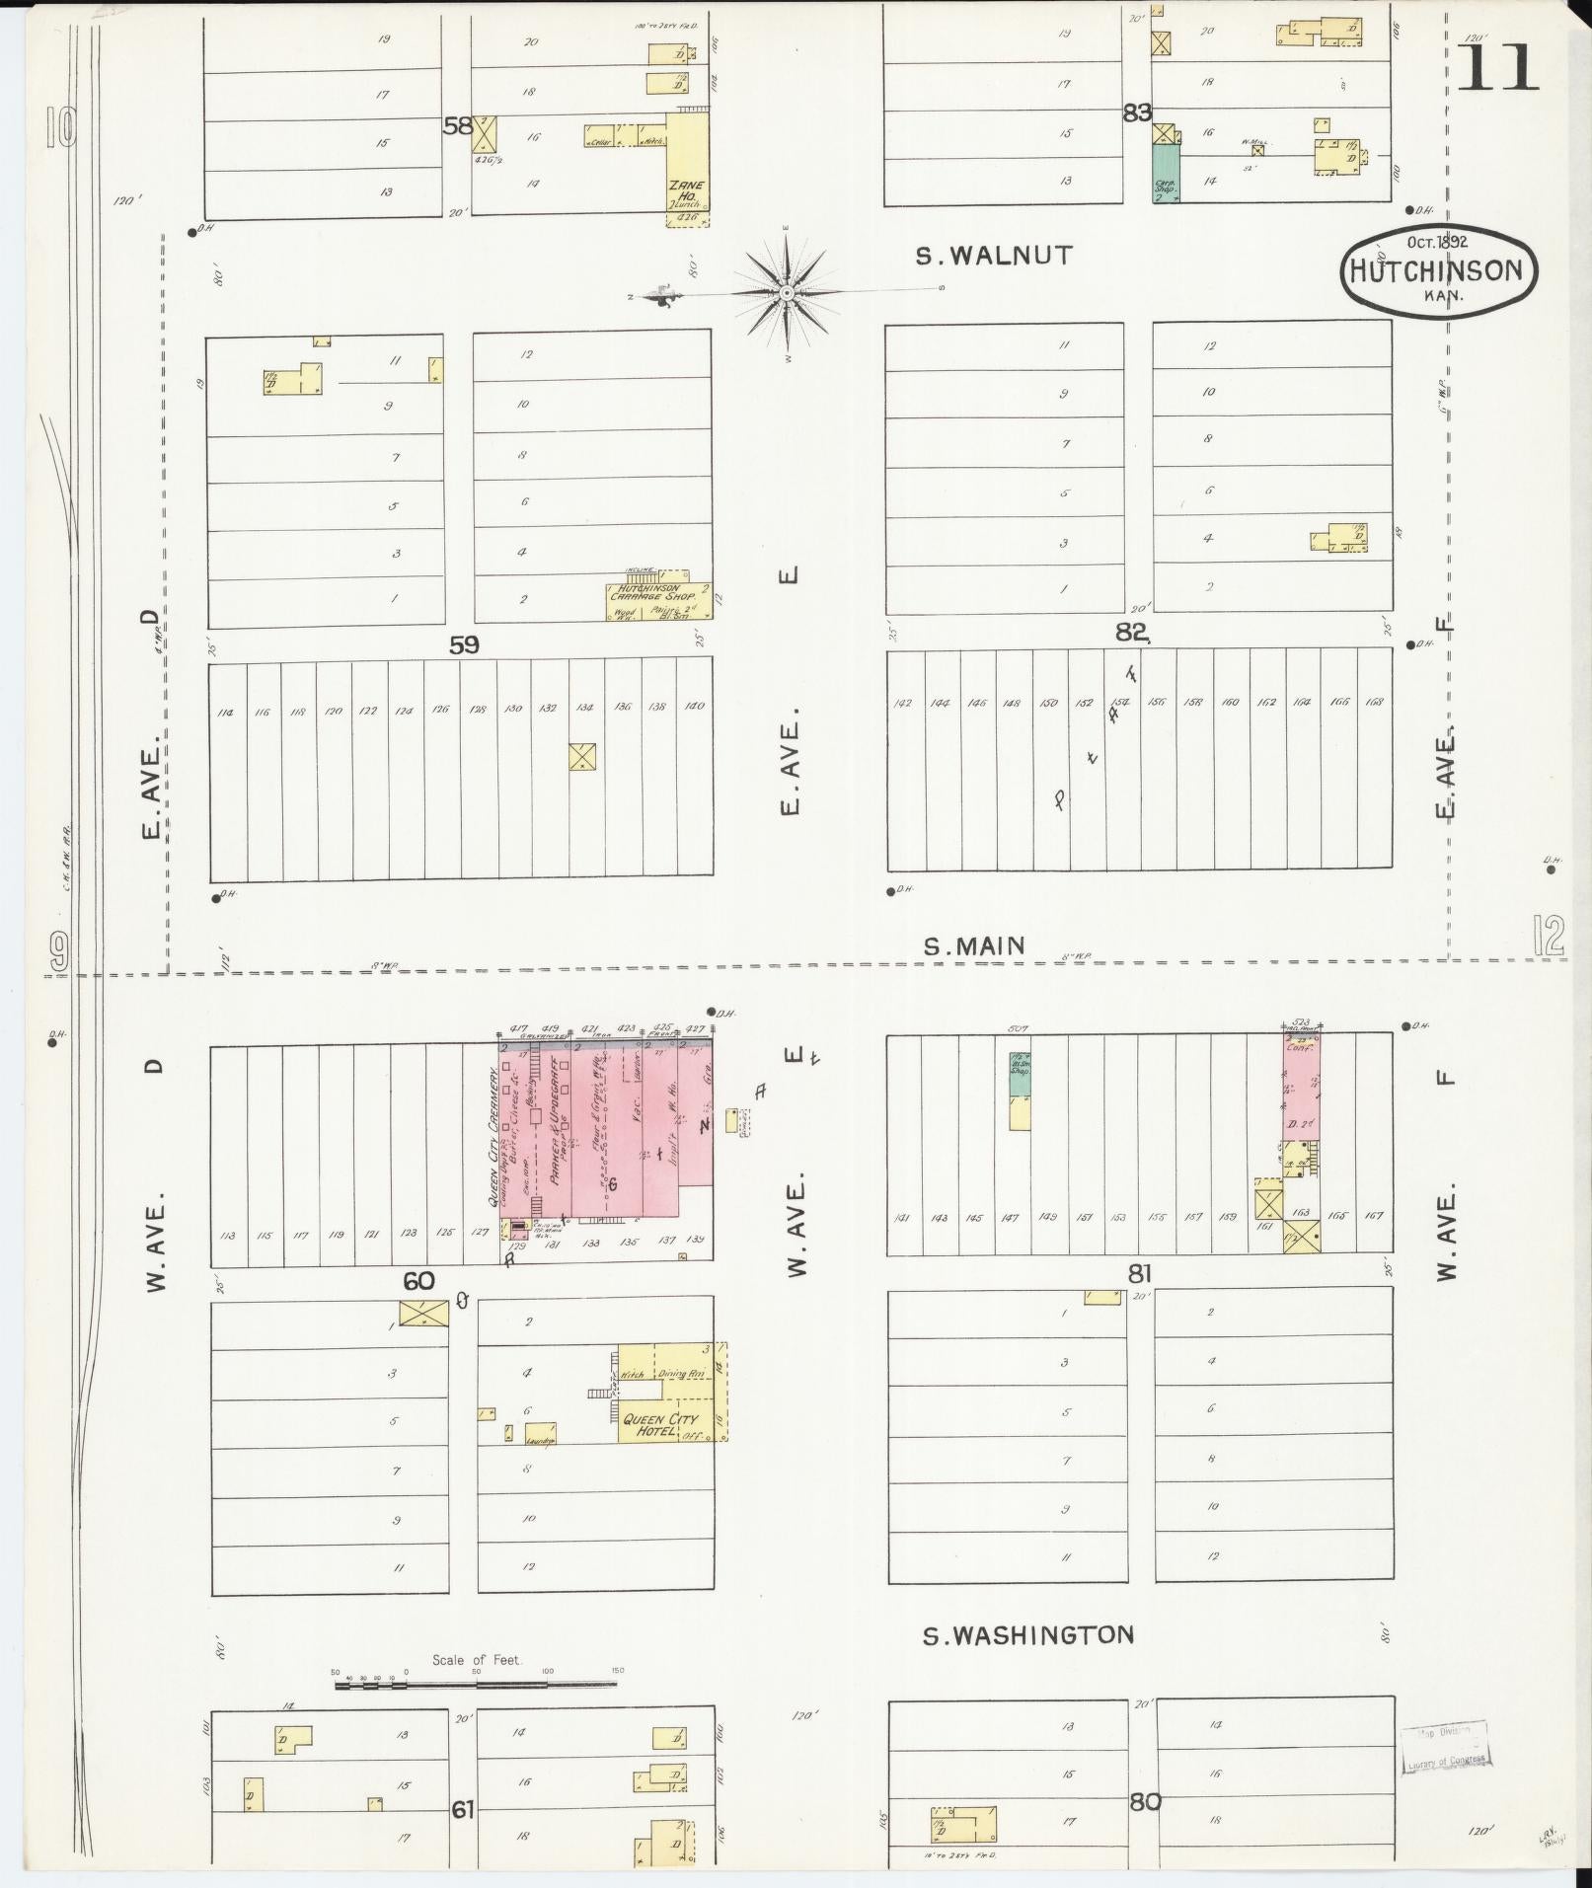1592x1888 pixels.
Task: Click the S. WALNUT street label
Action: [993, 256]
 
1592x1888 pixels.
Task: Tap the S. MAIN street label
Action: [973, 946]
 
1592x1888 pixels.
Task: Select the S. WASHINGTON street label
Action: [1027, 1634]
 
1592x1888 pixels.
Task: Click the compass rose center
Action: [787, 293]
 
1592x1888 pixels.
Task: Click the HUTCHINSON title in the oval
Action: [1437, 270]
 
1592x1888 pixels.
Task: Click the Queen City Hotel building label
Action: [659, 1425]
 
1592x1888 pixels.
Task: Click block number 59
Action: [464, 644]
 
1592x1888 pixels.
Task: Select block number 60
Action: [418, 1281]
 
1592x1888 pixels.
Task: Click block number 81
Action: [1140, 1274]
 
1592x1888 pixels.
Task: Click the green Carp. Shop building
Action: [1166, 174]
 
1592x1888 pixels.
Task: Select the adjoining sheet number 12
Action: [1549, 935]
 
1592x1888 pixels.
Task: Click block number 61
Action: [463, 1810]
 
